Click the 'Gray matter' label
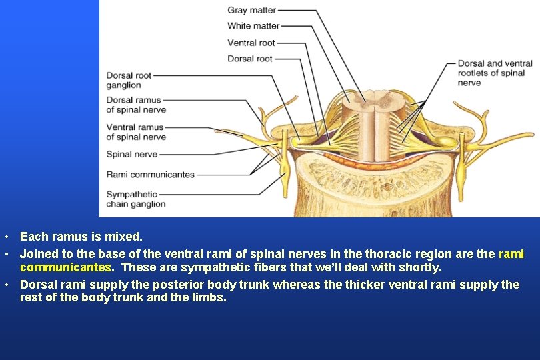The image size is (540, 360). (251, 10)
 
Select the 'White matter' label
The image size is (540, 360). (253, 26)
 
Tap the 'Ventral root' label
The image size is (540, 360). (251, 43)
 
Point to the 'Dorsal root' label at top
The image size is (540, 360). (250, 59)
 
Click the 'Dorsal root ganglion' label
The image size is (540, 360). (129, 81)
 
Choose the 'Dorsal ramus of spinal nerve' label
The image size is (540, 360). (136, 105)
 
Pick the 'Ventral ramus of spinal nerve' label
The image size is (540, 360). (136, 132)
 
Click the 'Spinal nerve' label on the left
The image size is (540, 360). (132, 154)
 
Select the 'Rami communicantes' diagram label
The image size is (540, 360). (150, 175)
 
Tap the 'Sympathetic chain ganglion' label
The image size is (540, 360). (136, 199)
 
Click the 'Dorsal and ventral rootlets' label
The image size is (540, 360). (495, 73)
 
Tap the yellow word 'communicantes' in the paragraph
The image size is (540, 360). (65, 267)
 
